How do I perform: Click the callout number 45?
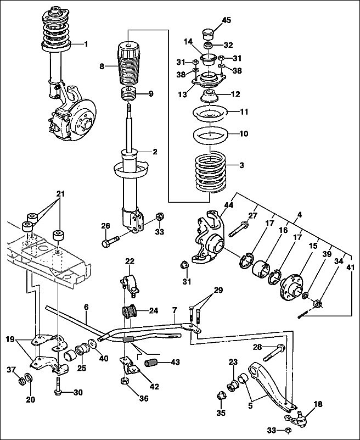227,20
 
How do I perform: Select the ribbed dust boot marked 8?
127,66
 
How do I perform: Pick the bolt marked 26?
113,239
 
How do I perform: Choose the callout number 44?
228,205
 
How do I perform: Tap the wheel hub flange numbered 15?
289,283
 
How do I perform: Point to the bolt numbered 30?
59,392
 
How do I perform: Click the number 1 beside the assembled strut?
86,44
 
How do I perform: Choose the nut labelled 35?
223,396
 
